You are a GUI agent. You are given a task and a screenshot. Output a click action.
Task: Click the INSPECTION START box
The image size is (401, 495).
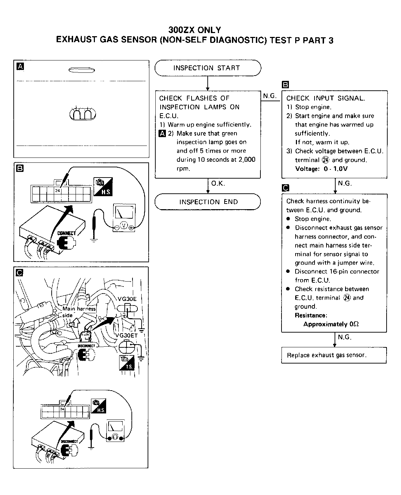point(207,68)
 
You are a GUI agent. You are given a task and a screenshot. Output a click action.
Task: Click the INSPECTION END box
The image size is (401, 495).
point(208,202)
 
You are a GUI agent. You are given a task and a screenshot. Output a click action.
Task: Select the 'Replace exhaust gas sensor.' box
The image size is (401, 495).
point(334,355)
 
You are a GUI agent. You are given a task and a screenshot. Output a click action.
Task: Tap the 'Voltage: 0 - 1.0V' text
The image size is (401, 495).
point(322,169)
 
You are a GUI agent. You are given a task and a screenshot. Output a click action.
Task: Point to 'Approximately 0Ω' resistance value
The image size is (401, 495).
point(331,324)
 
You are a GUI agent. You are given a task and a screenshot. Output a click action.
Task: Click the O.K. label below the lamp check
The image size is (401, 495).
point(218,183)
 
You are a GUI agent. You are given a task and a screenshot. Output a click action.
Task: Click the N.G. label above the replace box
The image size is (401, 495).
point(344,337)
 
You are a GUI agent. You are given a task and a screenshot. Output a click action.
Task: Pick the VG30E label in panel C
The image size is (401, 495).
point(127,299)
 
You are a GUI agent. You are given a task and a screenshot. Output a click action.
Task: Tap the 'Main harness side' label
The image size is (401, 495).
point(79,311)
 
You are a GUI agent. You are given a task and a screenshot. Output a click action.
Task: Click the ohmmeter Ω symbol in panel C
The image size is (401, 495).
point(115,438)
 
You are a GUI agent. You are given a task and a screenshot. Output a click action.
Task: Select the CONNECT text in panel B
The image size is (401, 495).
point(66,233)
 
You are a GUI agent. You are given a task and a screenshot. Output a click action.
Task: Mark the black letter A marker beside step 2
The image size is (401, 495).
point(162,133)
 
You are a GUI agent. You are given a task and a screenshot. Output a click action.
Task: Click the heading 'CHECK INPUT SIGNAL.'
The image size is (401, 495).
point(325,98)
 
